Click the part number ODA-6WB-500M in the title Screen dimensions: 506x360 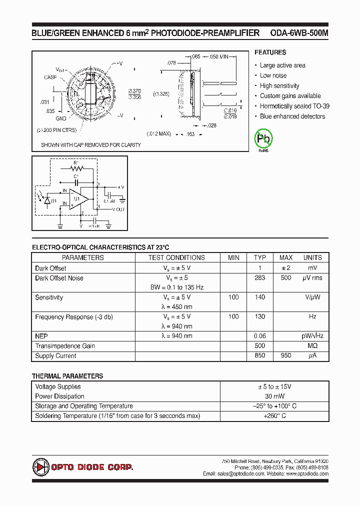[299, 33]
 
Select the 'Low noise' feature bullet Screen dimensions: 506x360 [273, 75]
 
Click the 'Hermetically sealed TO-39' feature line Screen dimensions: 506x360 [294, 106]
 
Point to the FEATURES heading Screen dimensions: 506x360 [270, 52]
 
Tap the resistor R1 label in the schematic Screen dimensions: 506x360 [76, 163]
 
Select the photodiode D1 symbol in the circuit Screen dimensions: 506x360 [47, 200]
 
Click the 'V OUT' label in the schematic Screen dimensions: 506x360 [118, 209]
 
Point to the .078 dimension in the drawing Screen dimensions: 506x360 [171, 62]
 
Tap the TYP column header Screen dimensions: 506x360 [260, 257]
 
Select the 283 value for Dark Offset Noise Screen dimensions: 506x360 [260, 278]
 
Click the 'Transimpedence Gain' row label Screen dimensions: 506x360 [65, 346]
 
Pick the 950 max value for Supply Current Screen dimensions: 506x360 [286, 356]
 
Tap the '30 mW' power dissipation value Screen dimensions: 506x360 [275, 396]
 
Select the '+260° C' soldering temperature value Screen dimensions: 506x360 [275, 416]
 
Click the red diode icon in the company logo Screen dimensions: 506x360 [40, 467]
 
